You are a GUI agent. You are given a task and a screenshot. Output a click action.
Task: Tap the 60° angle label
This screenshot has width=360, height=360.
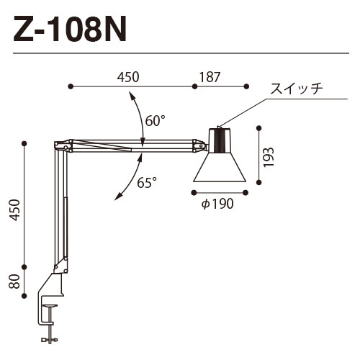156,121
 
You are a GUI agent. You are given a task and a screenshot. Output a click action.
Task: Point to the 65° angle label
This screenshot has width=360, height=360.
147,183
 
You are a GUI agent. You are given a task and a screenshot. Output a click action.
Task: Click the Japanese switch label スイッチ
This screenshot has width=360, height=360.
295,89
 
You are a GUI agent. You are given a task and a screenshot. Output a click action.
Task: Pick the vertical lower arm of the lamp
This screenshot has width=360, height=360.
58,209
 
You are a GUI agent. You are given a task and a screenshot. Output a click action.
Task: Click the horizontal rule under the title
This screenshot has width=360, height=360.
180,52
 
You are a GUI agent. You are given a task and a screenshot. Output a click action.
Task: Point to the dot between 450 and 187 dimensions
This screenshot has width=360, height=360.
194,86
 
